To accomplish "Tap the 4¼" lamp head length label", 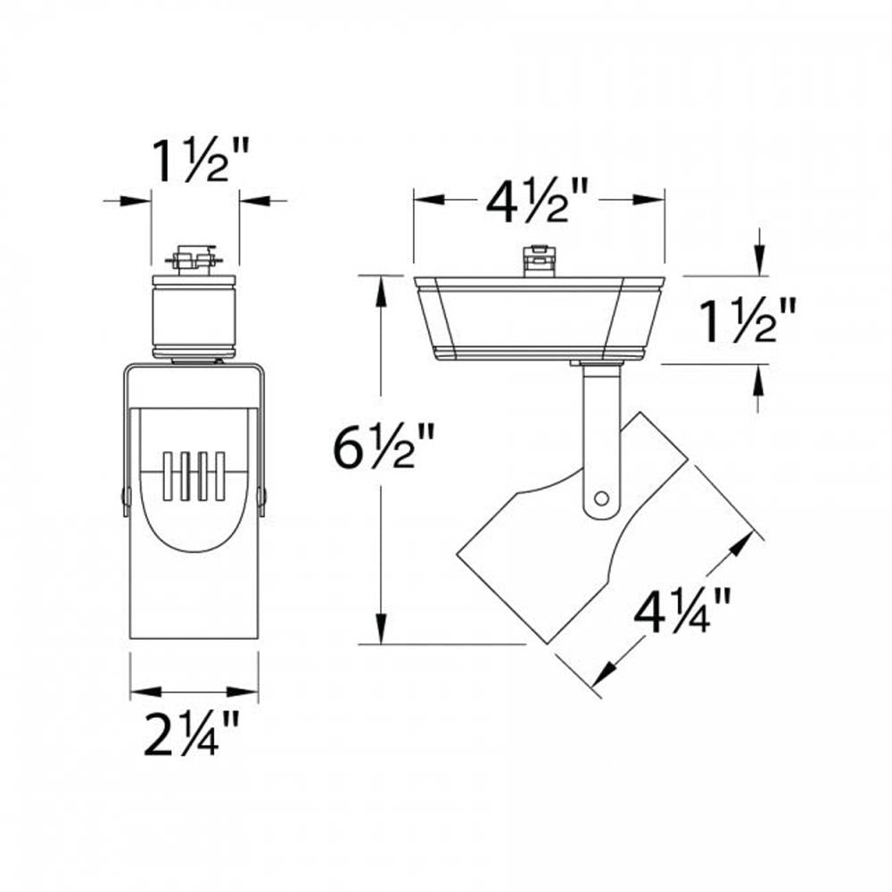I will [x=683, y=615].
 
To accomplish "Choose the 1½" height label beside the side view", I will [x=746, y=323].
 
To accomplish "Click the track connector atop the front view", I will [x=194, y=260].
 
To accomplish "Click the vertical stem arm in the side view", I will [x=599, y=428].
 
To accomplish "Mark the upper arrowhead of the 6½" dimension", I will [x=382, y=285].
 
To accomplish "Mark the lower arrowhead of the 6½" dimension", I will [x=382, y=633].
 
